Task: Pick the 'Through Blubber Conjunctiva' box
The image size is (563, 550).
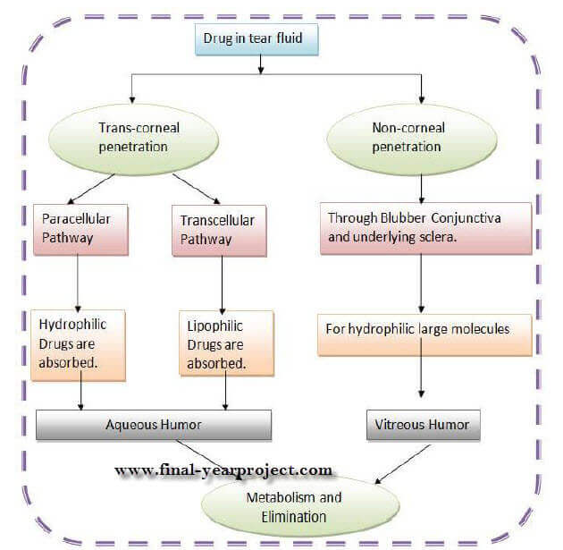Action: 428,227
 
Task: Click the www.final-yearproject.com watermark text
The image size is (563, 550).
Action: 223,470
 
